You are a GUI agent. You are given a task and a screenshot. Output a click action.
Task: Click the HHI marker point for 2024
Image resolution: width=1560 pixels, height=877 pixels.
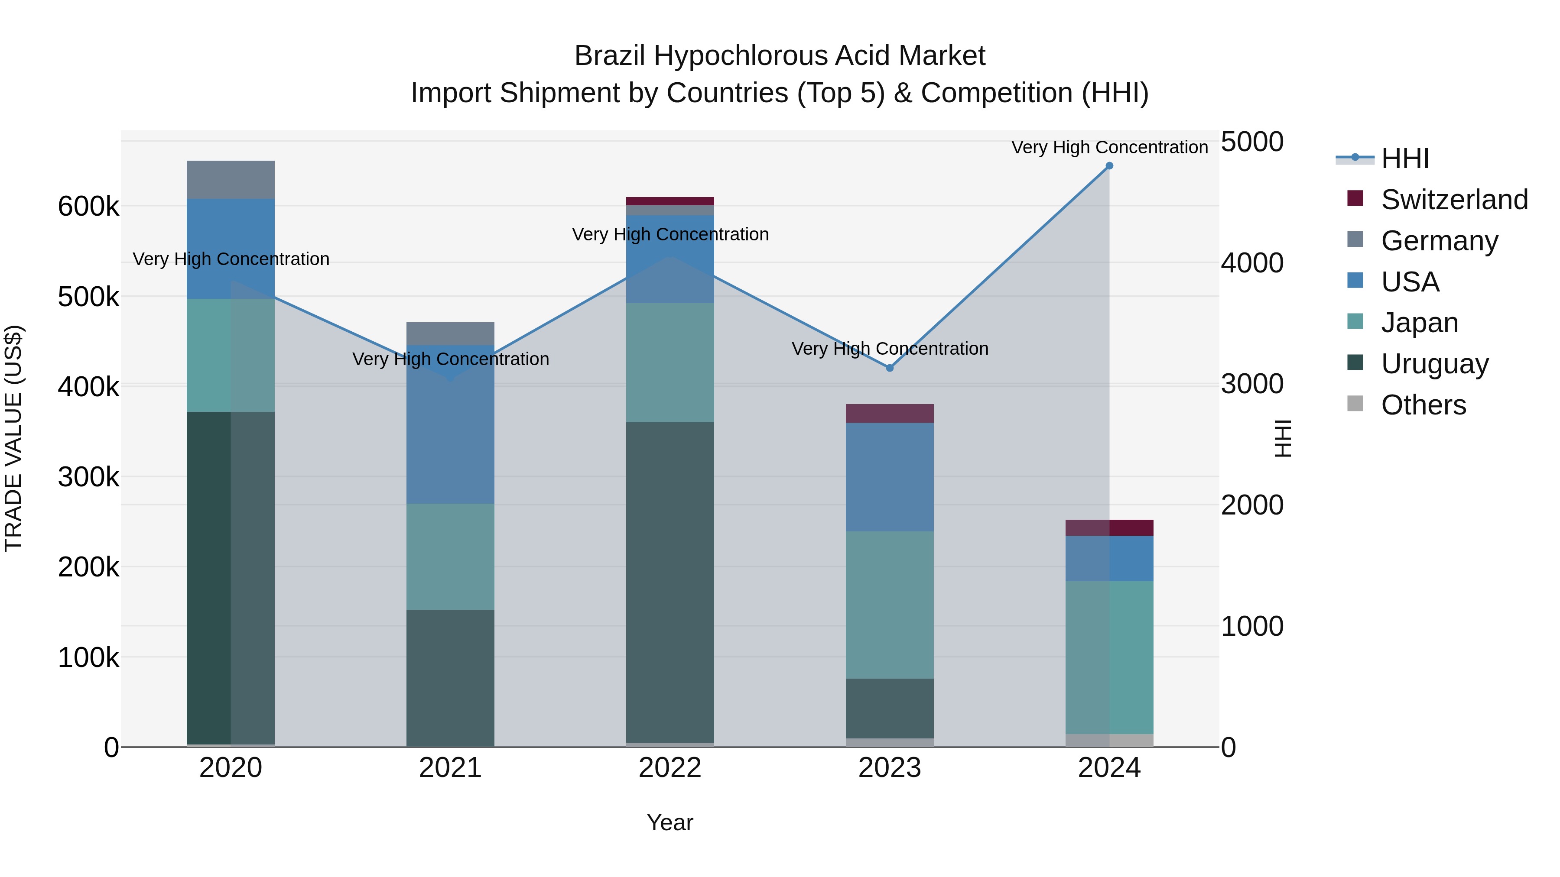pos(1109,166)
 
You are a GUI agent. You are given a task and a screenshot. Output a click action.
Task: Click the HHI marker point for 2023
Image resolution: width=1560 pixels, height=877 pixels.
pos(890,368)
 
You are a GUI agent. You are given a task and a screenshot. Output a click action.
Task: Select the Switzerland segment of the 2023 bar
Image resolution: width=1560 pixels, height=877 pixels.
pos(890,414)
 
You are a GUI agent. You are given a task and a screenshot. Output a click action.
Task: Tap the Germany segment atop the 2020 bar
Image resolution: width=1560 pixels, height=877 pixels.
pos(231,180)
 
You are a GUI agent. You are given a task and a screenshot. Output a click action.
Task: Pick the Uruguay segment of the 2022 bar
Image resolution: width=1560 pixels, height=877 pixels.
pos(670,581)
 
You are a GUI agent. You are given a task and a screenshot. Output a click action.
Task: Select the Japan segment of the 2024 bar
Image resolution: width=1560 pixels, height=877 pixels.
pos(1109,657)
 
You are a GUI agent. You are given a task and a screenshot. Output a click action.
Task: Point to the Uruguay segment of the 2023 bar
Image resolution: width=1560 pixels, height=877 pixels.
pos(890,708)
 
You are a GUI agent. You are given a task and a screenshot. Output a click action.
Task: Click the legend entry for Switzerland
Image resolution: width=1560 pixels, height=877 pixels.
pos(1453,200)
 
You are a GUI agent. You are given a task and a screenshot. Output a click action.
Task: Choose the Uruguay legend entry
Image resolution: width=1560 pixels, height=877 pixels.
pos(1434,364)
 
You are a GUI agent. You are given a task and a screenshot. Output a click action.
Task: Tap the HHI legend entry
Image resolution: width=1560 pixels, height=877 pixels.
pos(1404,159)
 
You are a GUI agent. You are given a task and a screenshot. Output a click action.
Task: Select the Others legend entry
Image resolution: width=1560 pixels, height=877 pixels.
pos(1423,405)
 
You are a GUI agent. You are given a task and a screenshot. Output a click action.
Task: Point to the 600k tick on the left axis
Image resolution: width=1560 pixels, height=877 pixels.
pos(88,207)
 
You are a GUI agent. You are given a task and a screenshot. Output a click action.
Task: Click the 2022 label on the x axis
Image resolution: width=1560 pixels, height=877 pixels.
pos(670,768)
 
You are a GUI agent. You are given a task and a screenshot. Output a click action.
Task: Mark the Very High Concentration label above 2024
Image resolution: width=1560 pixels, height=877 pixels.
pos(1109,147)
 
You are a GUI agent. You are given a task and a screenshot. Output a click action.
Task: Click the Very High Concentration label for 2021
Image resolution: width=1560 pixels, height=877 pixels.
pos(451,359)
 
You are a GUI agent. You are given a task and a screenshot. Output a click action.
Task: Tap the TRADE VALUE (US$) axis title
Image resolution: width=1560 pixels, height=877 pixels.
pos(13,438)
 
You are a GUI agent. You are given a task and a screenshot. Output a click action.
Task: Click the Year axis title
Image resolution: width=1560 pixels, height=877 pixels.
pos(670,822)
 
